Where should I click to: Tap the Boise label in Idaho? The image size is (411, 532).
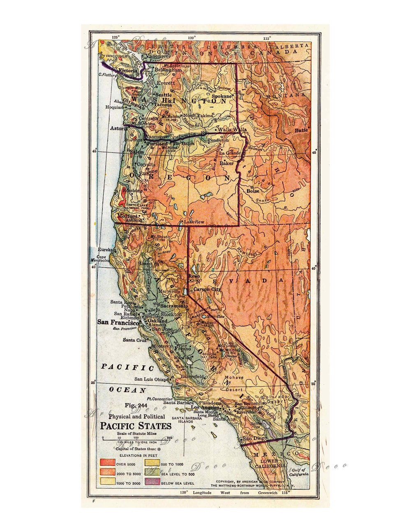pos(252,191)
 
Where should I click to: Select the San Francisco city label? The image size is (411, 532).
pos(117,323)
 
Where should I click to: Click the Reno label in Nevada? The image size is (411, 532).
pos(194,276)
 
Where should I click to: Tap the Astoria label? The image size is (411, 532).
pos(118,128)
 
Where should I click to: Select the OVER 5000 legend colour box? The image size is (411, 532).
pos(106,464)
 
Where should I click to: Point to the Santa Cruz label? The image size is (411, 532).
pos(134,340)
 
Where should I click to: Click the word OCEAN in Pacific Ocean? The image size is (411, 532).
pos(127,390)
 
